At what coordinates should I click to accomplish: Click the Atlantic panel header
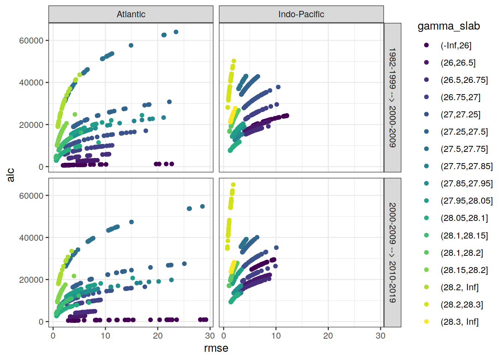(131, 14)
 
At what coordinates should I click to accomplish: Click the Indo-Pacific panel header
(301, 14)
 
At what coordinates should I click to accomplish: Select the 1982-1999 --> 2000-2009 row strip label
(392, 97)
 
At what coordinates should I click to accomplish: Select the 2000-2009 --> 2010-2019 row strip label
(392, 252)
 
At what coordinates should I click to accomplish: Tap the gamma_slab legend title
(448, 26)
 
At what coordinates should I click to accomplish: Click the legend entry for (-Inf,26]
(456, 45)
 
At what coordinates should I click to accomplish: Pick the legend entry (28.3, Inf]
(459, 322)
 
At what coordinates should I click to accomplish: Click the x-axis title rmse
(216, 348)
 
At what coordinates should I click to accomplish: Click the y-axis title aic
(10, 175)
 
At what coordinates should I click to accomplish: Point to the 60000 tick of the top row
(31, 40)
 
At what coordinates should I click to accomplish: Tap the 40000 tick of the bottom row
(31, 238)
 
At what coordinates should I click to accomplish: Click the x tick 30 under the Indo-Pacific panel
(380, 336)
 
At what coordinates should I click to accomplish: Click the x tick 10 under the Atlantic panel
(105, 336)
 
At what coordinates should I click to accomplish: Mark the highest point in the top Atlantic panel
(176, 32)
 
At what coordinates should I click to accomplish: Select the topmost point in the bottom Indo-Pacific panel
(233, 184)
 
